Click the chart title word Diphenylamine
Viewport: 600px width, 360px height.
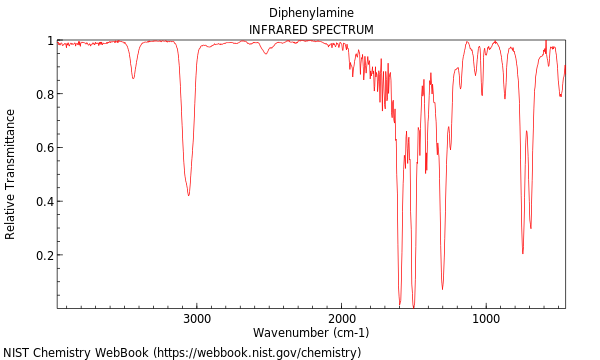[311, 13]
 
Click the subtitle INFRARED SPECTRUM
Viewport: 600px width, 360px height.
[311, 30]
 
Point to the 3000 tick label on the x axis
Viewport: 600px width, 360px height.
[197, 319]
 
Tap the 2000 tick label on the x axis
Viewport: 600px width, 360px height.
[341, 319]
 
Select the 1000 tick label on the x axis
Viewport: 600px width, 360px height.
[486, 319]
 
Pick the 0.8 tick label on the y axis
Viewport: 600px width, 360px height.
[44, 94]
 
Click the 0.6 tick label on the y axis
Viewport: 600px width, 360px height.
[44, 148]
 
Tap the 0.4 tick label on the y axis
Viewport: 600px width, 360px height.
[44, 202]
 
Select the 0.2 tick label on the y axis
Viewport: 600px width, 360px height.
[44, 255]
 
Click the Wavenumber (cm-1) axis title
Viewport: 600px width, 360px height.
[311, 333]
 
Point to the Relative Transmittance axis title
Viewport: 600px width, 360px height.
[11, 174]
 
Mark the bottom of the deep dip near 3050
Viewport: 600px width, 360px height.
[188, 195]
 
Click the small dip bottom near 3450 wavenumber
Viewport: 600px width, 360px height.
[133, 79]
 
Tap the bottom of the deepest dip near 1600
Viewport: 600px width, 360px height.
[400, 304]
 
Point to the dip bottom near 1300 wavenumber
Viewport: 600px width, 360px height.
[442, 290]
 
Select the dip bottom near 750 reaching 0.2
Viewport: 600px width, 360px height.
[522, 253]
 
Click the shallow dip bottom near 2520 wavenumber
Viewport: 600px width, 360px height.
[265, 54]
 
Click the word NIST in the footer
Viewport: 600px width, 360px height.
[17, 353]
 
